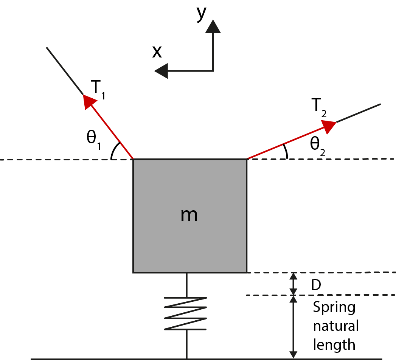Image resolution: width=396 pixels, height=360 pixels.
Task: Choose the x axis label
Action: click(x=157, y=52)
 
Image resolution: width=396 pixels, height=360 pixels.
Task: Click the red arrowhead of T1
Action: click(x=90, y=101)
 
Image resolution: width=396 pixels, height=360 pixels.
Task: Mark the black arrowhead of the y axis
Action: click(x=213, y=27)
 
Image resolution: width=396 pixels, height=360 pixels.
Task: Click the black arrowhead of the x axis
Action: click(x=162, y=71)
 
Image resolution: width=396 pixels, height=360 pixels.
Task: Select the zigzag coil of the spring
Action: click(x=186, y=313)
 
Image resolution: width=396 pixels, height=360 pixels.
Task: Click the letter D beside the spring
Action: click(x=316, y=285)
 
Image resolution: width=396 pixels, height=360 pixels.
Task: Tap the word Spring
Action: click(x=334, y=307)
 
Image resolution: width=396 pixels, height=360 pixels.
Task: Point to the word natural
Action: click(x=335, y=326)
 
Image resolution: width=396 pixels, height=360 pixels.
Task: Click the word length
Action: click(x=334, y=344)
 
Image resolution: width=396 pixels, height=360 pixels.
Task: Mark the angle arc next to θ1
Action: click(x=115, y=151)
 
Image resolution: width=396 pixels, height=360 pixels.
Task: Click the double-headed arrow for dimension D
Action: click(x=293, y=284)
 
